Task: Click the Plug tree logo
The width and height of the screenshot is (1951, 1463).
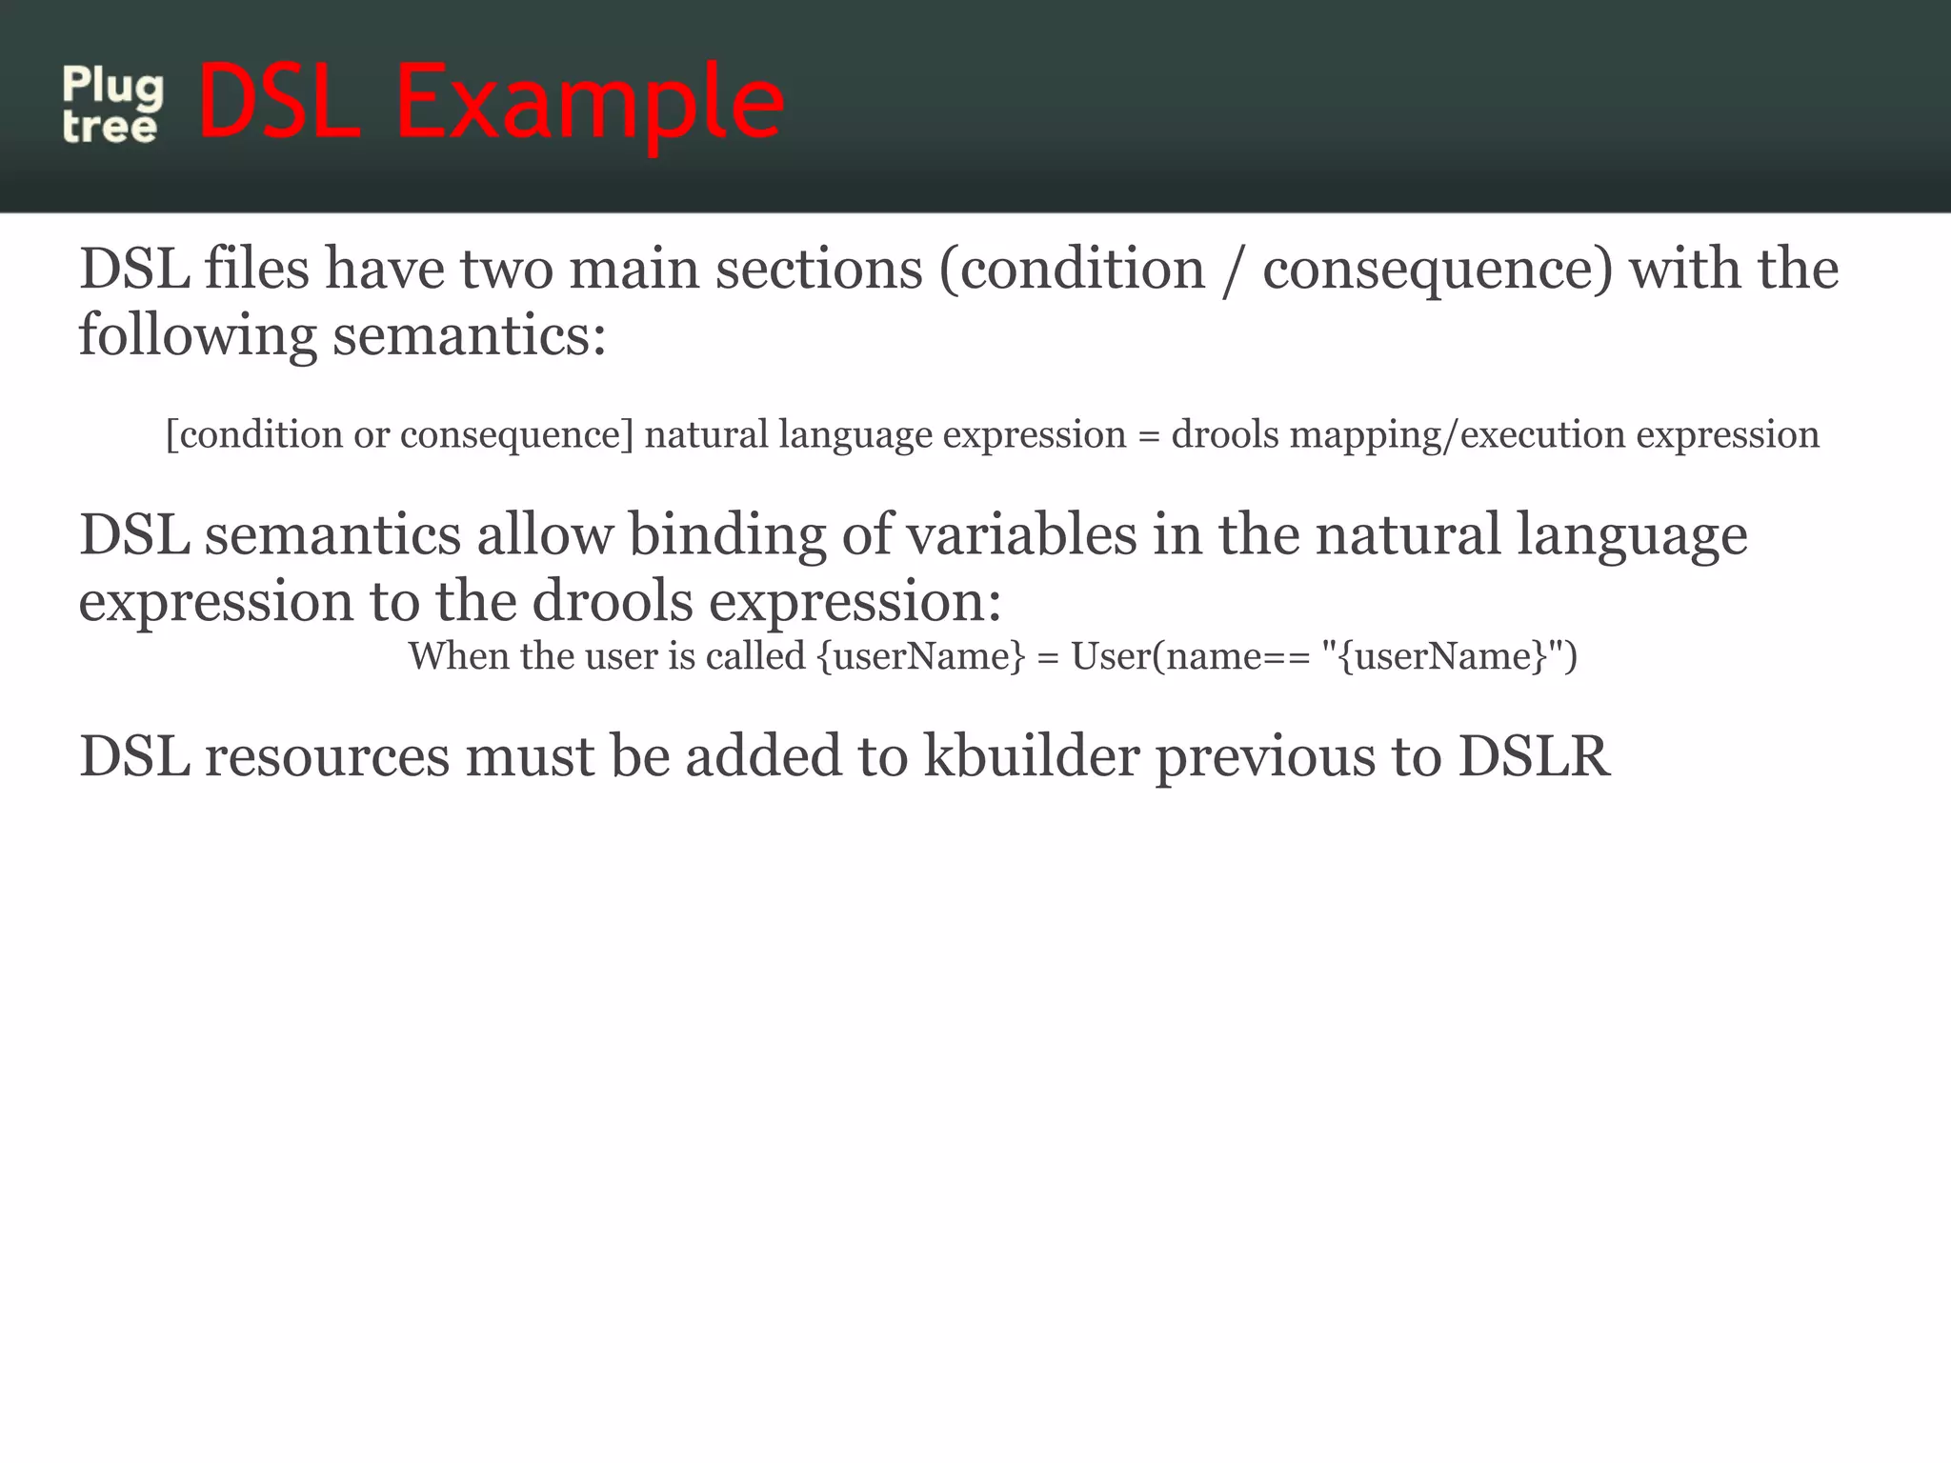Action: (x=112, y=105)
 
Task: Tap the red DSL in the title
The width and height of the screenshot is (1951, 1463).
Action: (x=280, y=101)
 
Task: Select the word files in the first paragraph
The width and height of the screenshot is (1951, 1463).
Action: (x=256, y=270)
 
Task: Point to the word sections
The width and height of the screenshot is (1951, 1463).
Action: (x=818, y=270)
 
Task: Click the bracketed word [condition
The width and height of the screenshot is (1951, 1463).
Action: (x=253, y=435)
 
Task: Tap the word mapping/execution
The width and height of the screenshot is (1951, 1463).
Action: (x=1457, y=435)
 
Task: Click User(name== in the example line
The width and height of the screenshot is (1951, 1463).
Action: (x=1190, y=656)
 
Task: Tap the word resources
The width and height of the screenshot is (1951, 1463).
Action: (x=327, y=756)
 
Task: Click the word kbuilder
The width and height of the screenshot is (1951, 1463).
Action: (x=1032, y=756)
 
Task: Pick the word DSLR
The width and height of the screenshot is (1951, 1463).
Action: (x=1533, y=756)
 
